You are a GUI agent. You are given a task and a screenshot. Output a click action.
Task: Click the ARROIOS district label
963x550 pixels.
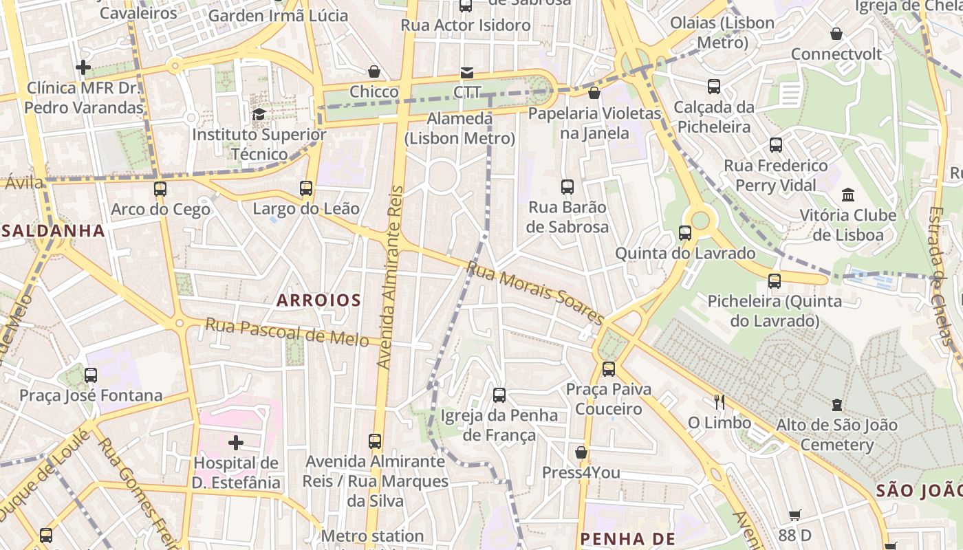(318, 300)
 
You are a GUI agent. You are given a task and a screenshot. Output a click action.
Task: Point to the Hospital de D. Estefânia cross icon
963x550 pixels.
(236, 442)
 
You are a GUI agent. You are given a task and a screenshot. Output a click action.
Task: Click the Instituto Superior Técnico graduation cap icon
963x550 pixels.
(259, 114)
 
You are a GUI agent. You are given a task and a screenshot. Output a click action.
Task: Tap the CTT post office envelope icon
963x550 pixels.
(467, 73)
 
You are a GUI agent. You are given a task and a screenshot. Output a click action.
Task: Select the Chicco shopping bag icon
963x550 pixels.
(374, 71)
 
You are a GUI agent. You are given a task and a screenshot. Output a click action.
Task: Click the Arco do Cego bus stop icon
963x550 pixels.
(160, 189)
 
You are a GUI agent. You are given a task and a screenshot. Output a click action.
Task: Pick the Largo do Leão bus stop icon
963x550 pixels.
(306, 188)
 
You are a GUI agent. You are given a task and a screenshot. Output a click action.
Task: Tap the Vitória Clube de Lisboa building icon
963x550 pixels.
(847, 195)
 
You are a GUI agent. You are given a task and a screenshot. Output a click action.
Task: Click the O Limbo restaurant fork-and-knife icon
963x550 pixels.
(719, 402)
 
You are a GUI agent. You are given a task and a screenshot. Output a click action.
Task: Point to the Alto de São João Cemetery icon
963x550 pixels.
(836, 405)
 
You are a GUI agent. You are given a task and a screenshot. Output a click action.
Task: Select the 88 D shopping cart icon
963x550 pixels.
(795, 515)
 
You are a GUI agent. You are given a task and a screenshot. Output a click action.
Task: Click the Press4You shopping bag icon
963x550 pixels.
(581, 452)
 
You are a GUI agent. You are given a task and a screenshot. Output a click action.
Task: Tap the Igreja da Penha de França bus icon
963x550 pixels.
(499, 395)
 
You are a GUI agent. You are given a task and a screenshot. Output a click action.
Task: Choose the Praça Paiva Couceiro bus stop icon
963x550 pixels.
(609, 369)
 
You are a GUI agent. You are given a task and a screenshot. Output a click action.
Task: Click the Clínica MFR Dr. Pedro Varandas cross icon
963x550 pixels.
(83, 67)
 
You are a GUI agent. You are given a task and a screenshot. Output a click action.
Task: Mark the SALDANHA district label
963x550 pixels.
(53, 230)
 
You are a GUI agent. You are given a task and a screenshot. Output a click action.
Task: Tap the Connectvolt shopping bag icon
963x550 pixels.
(836, 34)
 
